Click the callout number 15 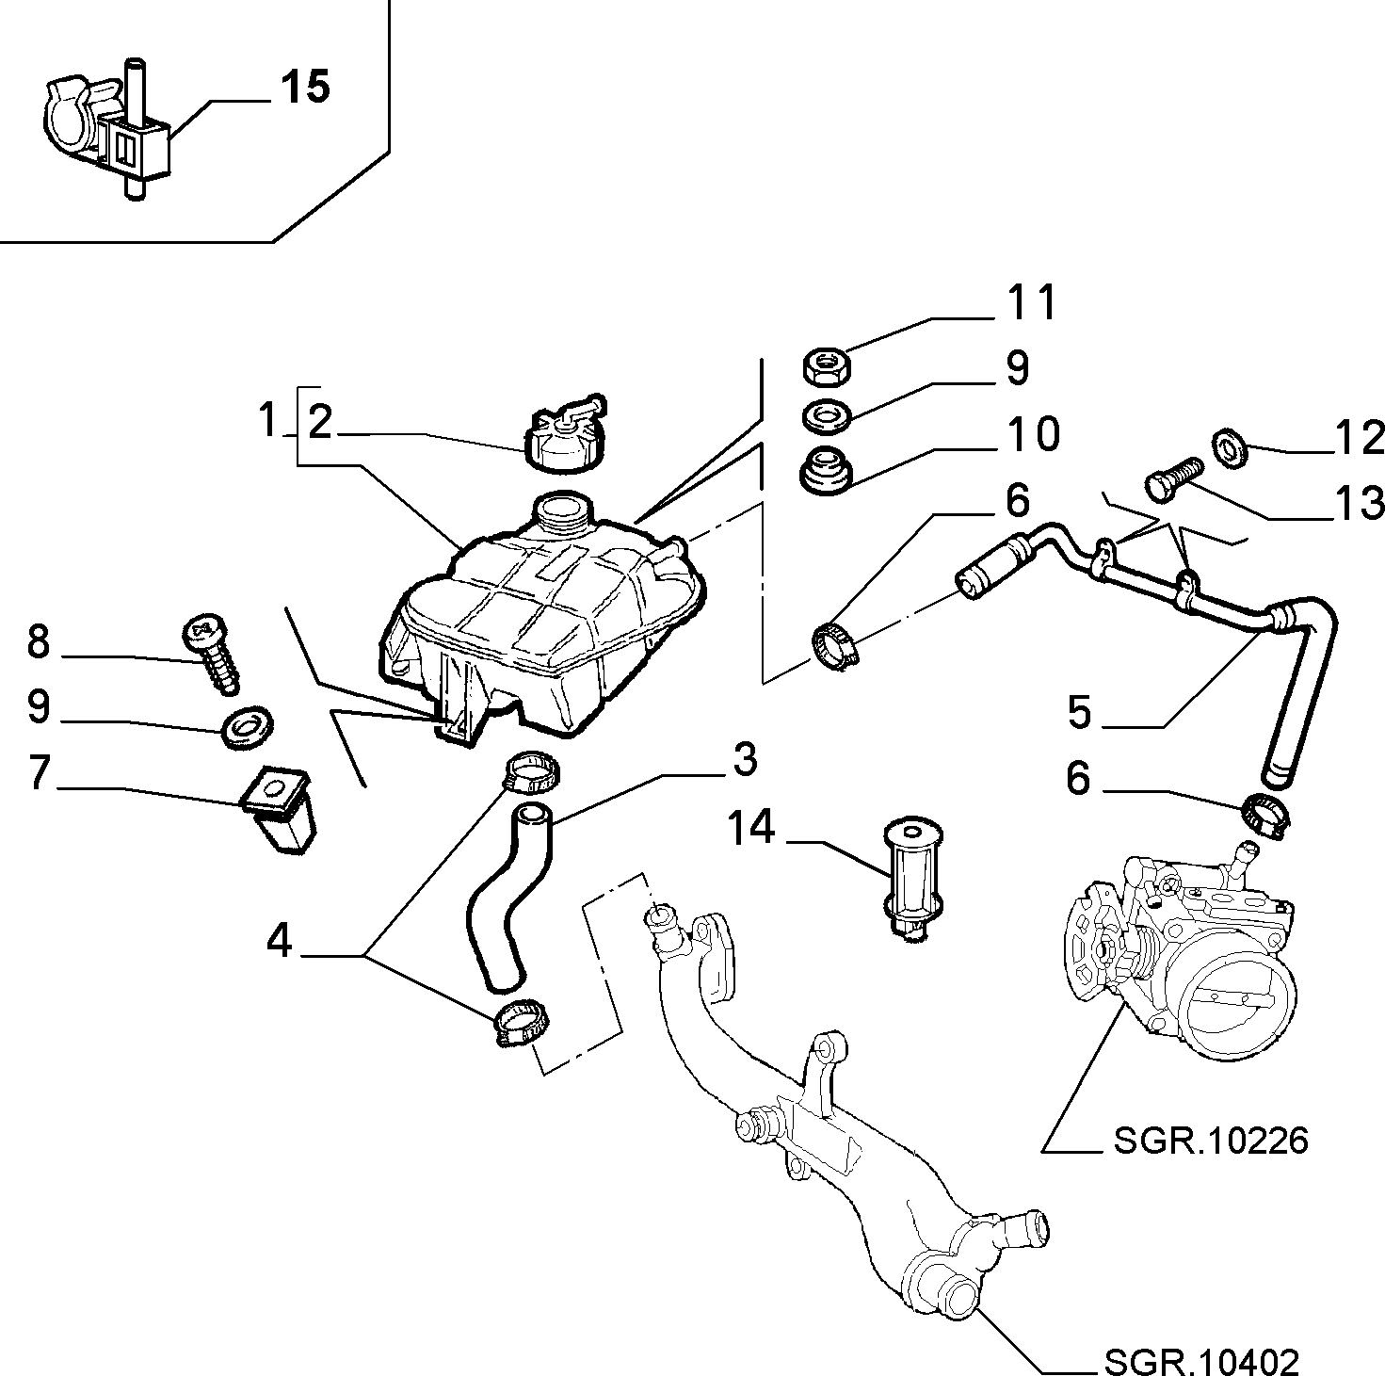(305, 87)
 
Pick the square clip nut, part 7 (278, 807)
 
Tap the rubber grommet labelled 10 (826, 471)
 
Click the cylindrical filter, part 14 (911, 878)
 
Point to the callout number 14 (751, 827)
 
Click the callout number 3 (744, 759)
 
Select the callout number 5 (1079, 712)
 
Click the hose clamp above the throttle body (1266, 815)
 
